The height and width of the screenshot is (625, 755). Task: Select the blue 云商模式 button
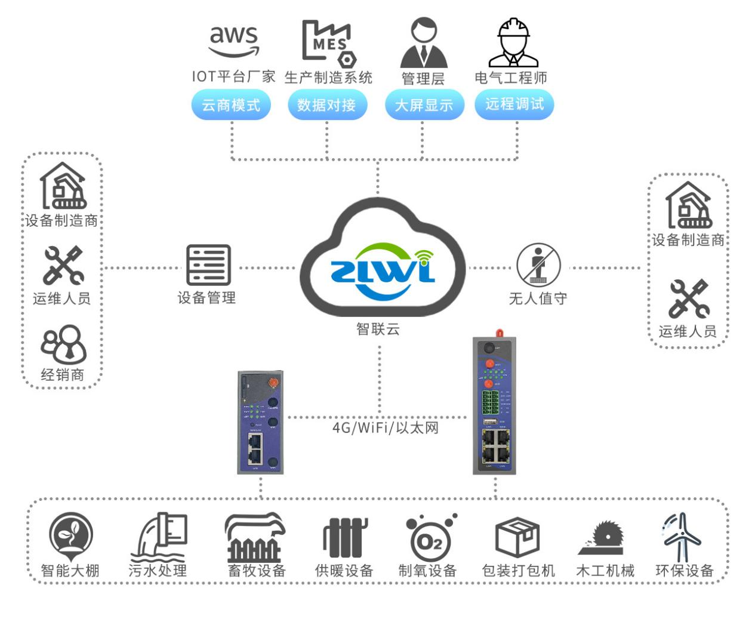click(231, 105)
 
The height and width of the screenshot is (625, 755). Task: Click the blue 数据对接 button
click(326, 105)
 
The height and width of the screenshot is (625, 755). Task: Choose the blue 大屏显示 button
click(424, 105)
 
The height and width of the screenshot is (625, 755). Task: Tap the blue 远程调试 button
click(514, 104)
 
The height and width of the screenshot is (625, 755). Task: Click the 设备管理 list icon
click(208, 265)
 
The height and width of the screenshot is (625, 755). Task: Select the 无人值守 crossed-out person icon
click(538, 264)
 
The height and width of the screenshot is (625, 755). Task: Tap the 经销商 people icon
click(63, 344)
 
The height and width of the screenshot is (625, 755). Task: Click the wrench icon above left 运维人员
click(63, 266)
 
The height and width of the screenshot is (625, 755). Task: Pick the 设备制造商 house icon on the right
click(688, 205)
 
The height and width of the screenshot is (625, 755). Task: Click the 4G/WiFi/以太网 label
click(385, 427)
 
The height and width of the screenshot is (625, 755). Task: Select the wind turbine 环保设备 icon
click(682, 537)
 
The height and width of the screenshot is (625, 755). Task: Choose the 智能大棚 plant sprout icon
click(70, 535)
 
